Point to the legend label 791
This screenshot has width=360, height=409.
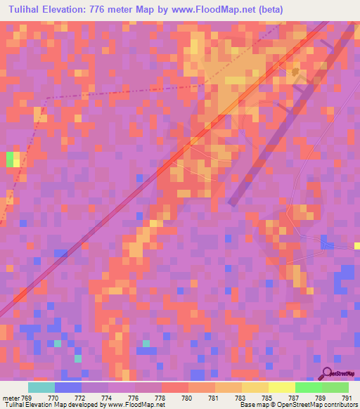tap(346, 398)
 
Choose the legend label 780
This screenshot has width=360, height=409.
tap(186, 398)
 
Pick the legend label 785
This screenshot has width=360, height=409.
tap(266, 398)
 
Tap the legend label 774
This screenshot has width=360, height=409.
tap(106, 398)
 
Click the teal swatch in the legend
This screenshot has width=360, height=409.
tap(41, 387)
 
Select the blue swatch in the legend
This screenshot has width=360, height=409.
tap(68, 387)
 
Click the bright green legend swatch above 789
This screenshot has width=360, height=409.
tap(309, 387)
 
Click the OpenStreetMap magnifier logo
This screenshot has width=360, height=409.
tap(327, 373)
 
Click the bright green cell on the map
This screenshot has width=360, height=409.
tap(10, 160)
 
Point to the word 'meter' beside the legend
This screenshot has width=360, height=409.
tap(12, 398)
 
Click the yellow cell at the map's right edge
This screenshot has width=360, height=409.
tap(357, 246)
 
